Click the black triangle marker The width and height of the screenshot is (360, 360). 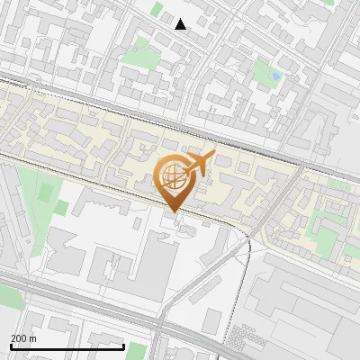tap(181, 24)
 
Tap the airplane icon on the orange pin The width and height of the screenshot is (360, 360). tap(199, 163)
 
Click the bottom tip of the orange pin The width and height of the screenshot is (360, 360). tap(172, 212)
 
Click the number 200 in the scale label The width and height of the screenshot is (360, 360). tap(19, 338)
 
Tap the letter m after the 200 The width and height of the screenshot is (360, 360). tap(32, 338)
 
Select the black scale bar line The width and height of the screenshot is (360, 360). tap(67, 346)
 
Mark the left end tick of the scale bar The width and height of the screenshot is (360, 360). tap(11, 346)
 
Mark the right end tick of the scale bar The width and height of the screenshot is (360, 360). tap(123, 346)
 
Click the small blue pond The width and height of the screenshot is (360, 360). tap(275, 77)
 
